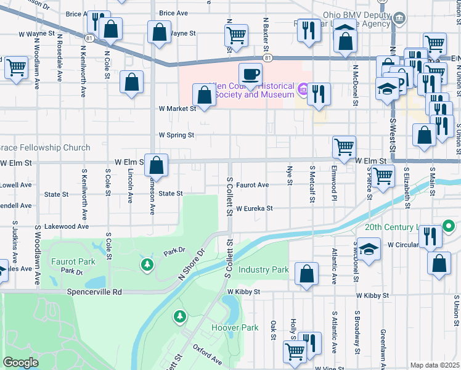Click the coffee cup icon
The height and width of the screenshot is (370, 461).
[250, 75]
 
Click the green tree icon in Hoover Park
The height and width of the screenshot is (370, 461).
[179, 317]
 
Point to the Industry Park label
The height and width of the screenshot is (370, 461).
[263, 270]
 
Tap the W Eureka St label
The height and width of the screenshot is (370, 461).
[254, 209]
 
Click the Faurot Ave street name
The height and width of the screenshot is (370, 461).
[252, 185]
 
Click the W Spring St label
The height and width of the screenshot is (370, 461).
[176, 134]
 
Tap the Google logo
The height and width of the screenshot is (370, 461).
[21, 362]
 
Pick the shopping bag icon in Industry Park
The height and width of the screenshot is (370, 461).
[306, 274]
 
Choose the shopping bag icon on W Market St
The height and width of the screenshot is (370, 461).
[203, 96]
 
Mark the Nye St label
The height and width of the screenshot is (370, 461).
[290, 175]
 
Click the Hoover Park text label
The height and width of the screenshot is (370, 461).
[235, 328]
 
